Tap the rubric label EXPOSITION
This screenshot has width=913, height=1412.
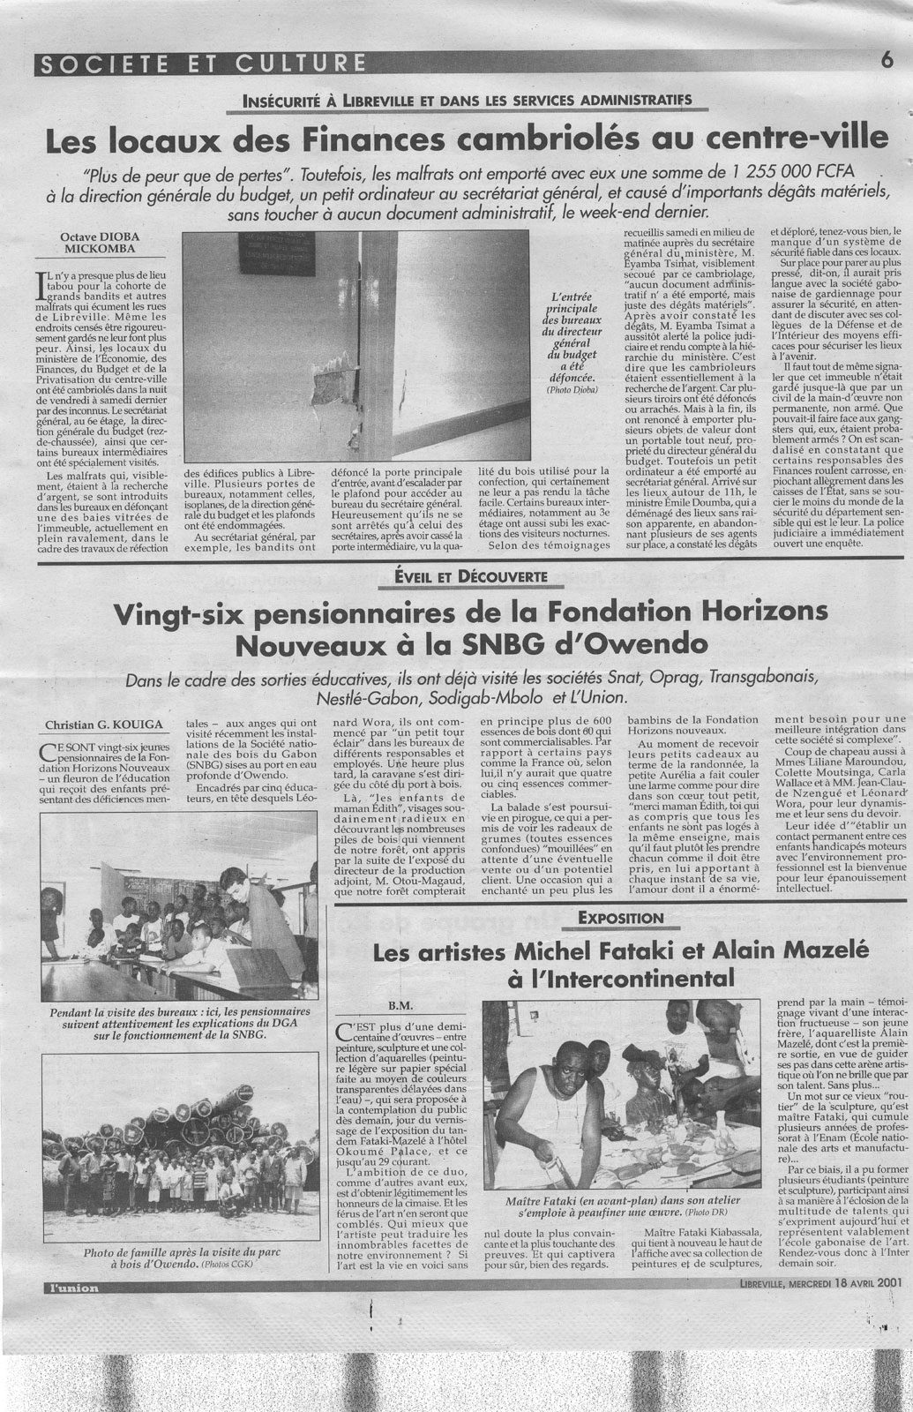click(x=620, y=918)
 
